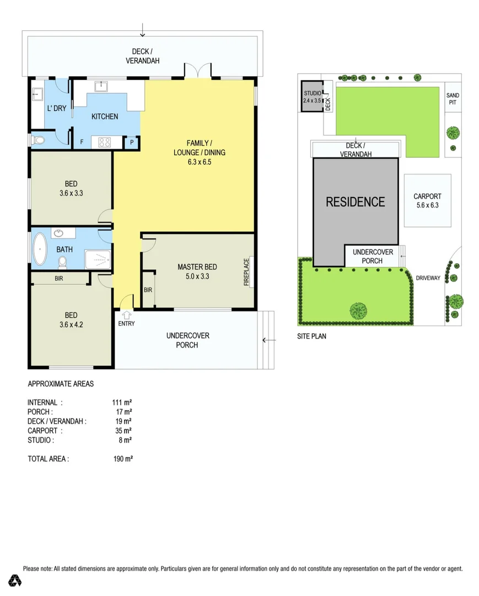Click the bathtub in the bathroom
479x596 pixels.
click(x=40, y=250)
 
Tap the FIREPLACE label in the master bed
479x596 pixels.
click(x=247, y=271)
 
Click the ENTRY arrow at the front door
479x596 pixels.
click(x=126, y=315)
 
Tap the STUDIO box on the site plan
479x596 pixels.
click(x=311, y=97)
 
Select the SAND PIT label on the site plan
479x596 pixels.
click(x=453, y=99)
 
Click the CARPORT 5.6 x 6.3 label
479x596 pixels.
click(x=427, y=200)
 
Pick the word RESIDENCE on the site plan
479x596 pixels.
click(x=356, y=202)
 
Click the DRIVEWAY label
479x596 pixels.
click(x=428, y=278)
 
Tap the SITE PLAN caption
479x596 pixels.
click(x=311, y=336)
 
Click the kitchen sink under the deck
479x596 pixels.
click(x=102, y=86)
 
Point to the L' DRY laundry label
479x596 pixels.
click(x=56, y=108)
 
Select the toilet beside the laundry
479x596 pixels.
click(x=38, y=141)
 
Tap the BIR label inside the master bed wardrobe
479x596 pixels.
click(x=148, y=290)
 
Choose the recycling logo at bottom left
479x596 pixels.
click(x=15, y=580)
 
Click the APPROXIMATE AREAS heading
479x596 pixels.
click(x=61, y=383)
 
